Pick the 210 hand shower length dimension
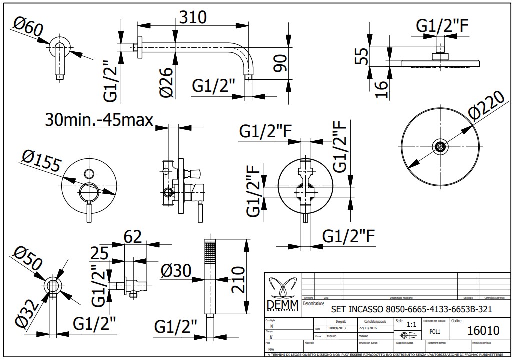click(x=238, y=279)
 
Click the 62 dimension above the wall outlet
click(x=133, y=237)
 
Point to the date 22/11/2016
click(x=370, y=329)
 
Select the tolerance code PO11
click(x=436, y=332)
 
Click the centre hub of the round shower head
click(x=440, y=147)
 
